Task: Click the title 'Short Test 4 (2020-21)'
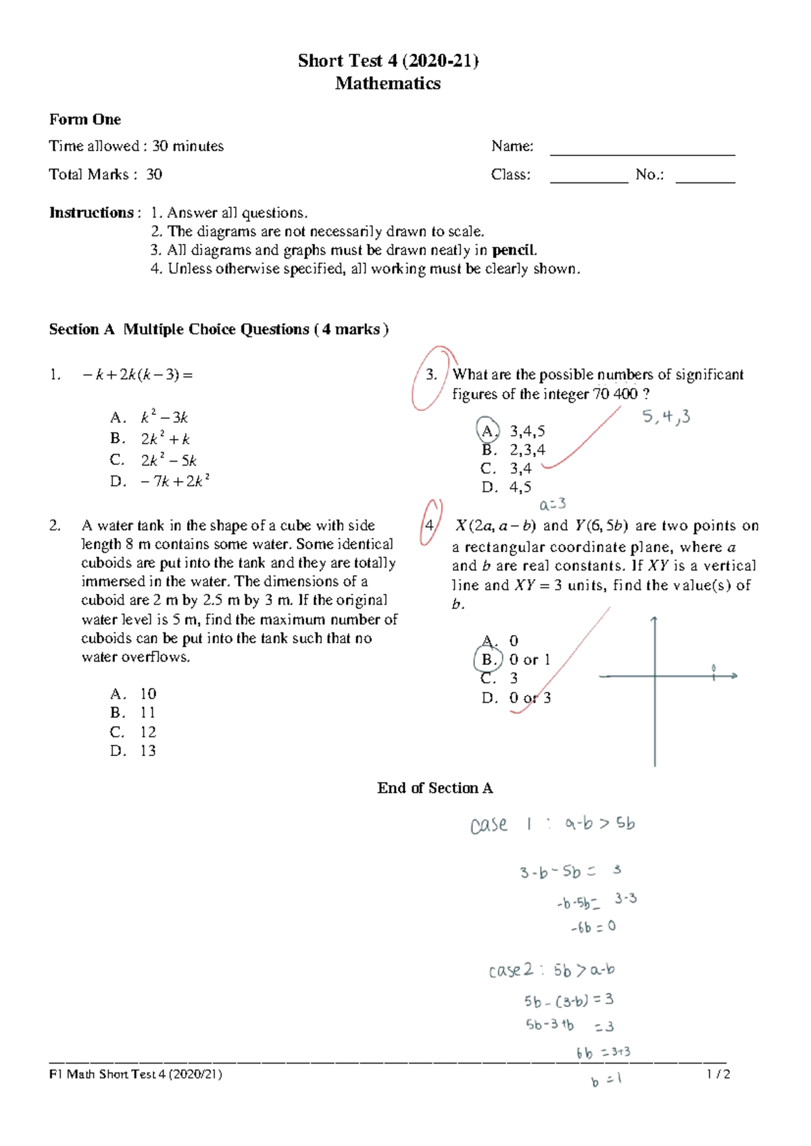click(388, 61)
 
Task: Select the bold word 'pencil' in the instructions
click(514, 250)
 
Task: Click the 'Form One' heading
click(85, 120)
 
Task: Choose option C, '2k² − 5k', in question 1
click(168, 460)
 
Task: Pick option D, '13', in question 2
click(148, 751)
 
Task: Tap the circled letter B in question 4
click(488, 659)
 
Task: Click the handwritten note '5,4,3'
click(666, 416)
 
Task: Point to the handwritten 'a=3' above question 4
click(552, 504)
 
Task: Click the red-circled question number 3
click(431, 376)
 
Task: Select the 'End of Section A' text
click(435, 788)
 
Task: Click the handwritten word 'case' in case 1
click(489, 824)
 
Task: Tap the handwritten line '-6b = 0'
click(593, 927)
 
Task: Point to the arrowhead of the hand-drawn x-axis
click(734, 675)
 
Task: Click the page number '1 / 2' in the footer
click(718, 1074)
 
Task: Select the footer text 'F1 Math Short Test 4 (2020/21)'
click(135, 1074)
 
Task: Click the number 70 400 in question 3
click(615, 394)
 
